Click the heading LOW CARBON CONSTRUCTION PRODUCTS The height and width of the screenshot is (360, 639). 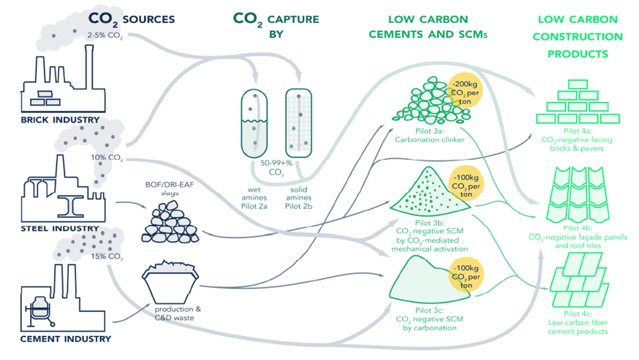tap(577, 37)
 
